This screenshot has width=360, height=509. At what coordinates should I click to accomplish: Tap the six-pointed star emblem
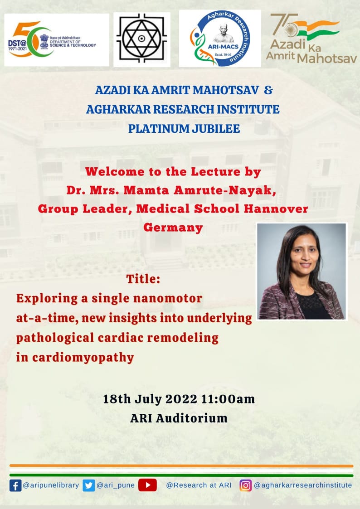click(142, 40)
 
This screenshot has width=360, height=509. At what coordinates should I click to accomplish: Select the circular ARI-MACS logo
click(219, 39)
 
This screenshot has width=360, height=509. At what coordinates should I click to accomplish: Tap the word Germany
click(173, 227)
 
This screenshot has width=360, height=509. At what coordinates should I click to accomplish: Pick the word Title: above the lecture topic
click(143, 279)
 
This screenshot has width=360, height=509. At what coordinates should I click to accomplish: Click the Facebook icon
click(15, 485)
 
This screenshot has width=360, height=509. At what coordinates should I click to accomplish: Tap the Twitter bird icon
click(89, 485)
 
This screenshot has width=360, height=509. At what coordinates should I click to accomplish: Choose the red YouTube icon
click(147, 485)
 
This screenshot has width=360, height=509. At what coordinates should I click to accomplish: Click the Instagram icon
click(245, 485)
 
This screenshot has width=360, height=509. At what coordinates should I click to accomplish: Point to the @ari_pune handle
click(116, 485)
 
